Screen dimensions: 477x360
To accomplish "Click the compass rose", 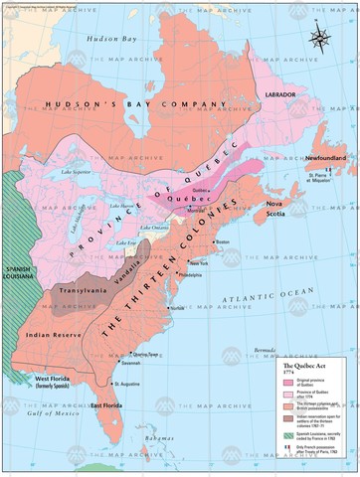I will coord(321,38).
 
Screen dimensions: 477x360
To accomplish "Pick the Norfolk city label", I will coord(180,307).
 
